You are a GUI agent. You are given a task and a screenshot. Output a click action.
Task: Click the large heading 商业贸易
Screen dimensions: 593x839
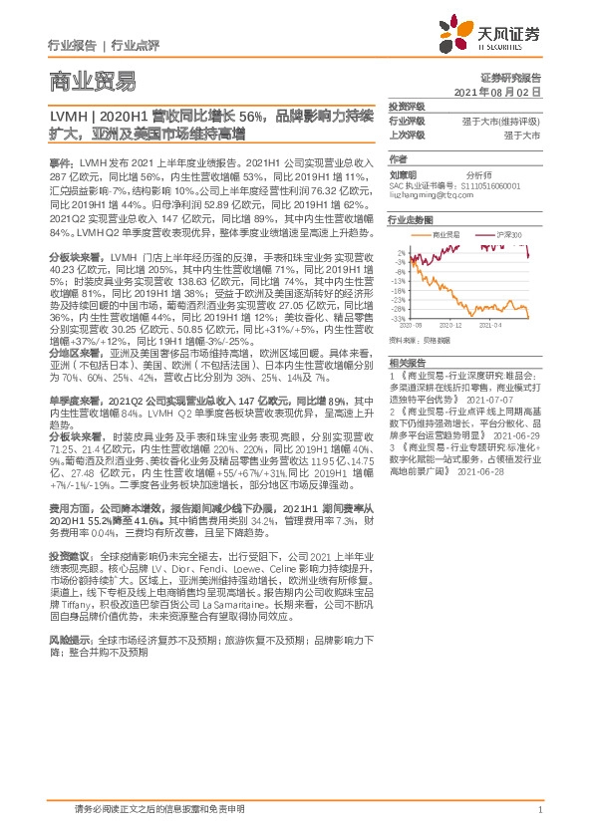92,81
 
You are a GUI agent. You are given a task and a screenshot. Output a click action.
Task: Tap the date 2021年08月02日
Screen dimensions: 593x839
497,91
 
